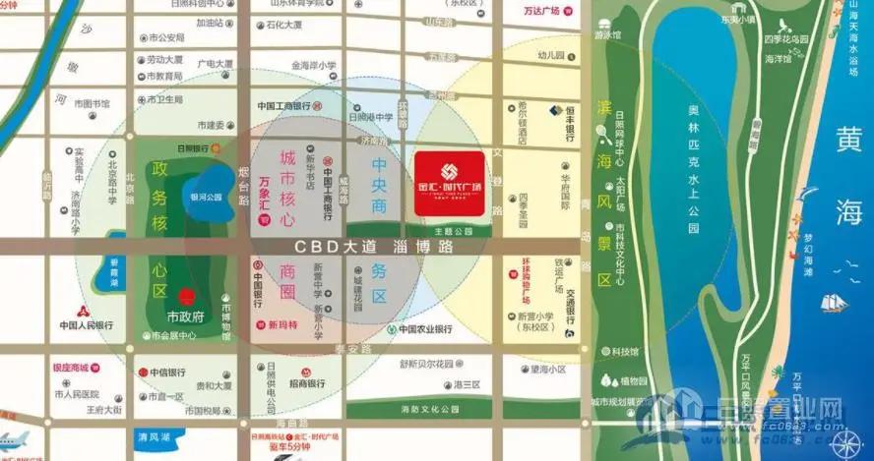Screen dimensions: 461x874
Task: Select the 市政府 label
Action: (x=185, y=317)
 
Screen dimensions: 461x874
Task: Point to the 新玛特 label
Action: (x=281, y=325)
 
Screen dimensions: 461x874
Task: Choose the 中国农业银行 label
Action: (x=425, y=329)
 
